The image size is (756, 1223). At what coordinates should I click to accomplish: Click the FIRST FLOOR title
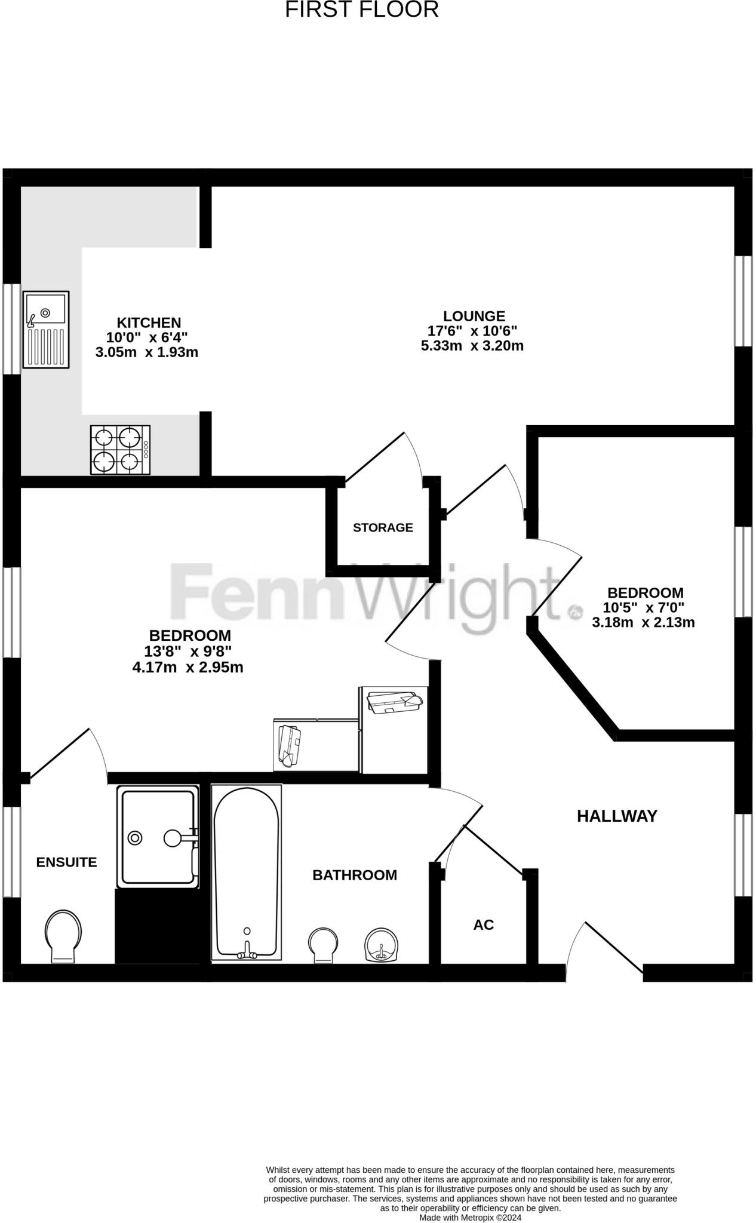point(361,10)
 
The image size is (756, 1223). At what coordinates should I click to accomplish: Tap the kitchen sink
point(46,329)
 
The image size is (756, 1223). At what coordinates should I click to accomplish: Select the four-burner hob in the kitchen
point(120,450)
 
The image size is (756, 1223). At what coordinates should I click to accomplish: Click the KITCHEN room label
point(149,323)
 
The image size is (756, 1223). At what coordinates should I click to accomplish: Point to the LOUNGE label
point(474,316)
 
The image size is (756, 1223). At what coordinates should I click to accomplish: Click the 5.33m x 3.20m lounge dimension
point(472,346)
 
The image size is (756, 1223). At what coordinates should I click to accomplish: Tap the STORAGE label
point(383,527)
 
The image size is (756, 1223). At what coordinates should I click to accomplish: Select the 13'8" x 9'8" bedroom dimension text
point(188,651)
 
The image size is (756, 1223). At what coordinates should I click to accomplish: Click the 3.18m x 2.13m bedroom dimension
point(643,623)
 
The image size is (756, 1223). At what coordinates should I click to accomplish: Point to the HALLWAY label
point(617,816)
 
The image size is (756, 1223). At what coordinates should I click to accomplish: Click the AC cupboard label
point(484,924)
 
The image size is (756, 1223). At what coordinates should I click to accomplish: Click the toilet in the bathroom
point(323,945)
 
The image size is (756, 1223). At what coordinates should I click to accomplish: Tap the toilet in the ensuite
point(63,935)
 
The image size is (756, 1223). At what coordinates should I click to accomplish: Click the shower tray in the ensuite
point(158,836)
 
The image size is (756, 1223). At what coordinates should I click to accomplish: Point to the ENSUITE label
point(66,862)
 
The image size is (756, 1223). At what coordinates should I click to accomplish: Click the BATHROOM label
point(355,875)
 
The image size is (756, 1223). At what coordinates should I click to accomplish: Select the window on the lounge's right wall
point(743,301)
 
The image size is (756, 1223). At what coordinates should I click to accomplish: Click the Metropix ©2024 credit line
point(471,1217)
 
